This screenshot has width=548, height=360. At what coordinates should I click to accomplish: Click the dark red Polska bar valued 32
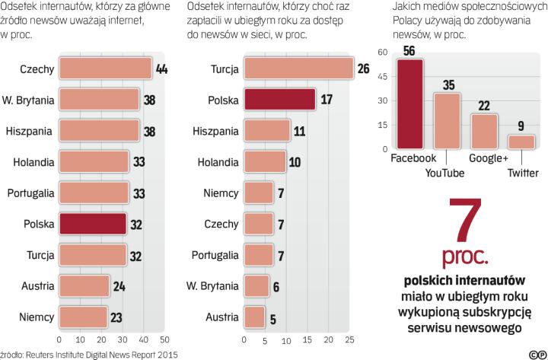[x=92, y=223]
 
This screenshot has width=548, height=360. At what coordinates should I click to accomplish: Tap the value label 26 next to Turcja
[x=363, y=69]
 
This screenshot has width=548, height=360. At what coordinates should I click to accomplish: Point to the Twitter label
[x=524, y=173]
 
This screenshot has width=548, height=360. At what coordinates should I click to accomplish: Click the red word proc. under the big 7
[x=465, y=252]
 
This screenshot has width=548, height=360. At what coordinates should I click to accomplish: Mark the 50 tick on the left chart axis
[x=163, y=339]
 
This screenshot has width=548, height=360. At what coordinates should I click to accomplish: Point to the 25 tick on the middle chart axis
[x=350, y=339]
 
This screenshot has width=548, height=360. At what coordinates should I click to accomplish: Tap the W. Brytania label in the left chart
[x=28, y=100]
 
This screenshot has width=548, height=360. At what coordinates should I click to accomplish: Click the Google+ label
[x=489, y=158]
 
